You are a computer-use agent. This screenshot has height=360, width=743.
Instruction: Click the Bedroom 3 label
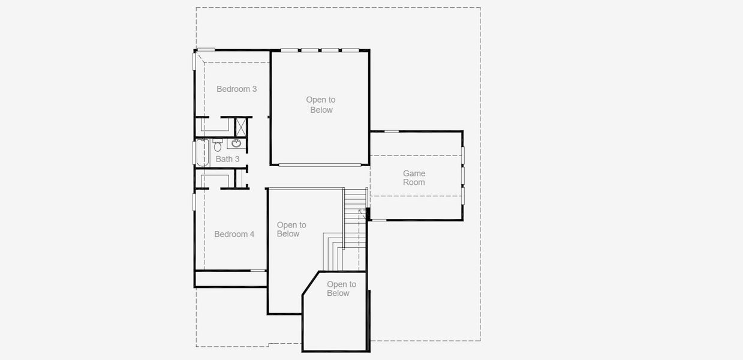[236, 89]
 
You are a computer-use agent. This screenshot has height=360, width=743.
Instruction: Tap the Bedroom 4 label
[234, 234]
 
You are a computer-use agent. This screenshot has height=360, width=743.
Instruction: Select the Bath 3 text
[227, 159]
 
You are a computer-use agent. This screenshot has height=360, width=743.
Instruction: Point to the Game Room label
[414, 178]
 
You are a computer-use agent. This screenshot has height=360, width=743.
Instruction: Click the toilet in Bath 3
[218, 145]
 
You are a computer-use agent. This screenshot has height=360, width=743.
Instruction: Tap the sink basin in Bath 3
[236, 143]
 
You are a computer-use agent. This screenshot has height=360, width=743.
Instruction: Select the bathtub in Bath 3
[201, 152]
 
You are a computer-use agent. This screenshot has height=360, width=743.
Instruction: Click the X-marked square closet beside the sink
[241, 127]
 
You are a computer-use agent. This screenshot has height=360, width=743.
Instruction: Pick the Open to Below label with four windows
[321, 105]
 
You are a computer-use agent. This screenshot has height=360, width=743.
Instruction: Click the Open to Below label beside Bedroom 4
[291, 229]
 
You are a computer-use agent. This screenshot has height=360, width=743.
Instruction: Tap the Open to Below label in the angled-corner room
[341, 289]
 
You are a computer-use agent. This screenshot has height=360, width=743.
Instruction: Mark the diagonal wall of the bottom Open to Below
[311, 283]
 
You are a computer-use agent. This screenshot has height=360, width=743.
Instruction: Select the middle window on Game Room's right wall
[462, 175]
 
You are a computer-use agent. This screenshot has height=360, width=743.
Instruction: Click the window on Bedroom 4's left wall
[194, 201]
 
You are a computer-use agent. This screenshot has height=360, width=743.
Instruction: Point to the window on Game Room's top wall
[391, 131]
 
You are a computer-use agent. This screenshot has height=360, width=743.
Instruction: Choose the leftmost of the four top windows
[290, 50]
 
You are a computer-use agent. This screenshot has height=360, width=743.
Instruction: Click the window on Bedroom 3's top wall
[206, 50]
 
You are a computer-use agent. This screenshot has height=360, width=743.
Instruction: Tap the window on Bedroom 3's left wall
[194, 61]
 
